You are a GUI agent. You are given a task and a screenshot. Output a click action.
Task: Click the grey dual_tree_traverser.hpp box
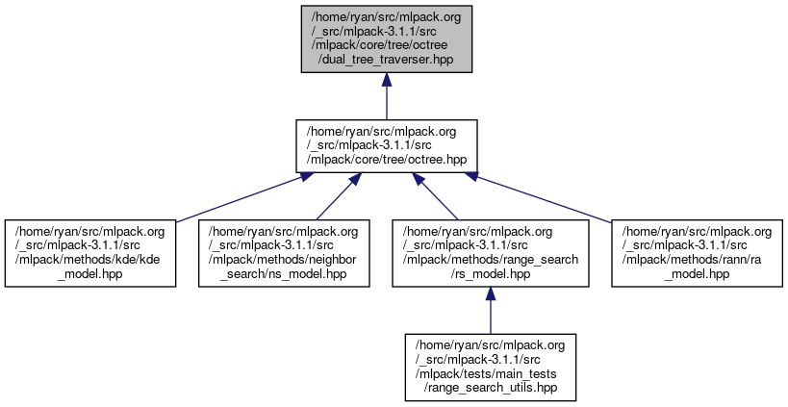[x=387, y=38]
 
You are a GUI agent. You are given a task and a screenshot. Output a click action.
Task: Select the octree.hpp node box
[x=387, y=145]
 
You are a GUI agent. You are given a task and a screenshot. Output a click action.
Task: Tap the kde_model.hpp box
[x=91, y=253]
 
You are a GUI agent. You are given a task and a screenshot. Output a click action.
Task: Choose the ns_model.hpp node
[x=284, y=253]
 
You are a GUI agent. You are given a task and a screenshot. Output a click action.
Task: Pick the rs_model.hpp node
[x=491, y=253]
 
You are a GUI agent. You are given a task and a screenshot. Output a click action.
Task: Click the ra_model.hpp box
[x=697, y=253]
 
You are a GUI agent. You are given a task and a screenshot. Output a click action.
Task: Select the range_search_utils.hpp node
[x=491, y=366]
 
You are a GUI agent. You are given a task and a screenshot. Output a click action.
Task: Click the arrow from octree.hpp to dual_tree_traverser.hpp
[x=387, y=96]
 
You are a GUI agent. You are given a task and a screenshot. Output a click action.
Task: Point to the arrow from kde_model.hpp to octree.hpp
[x=241, y=195]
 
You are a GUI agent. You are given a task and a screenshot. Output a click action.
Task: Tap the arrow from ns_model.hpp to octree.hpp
[x=337, y=195]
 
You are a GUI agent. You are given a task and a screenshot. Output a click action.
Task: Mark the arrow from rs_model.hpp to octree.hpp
[x=438, y=195]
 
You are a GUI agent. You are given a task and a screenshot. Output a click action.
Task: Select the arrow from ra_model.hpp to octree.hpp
[x=539, y=195]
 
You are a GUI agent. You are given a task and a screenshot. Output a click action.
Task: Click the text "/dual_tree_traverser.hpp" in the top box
[x=387, y=60]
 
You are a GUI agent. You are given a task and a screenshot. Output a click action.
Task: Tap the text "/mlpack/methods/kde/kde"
[x=91, y=260]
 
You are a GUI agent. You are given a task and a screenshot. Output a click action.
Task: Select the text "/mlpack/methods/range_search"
[x=491, y=260]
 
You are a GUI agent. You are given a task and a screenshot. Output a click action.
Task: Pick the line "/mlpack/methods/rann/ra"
[x=697, y=260]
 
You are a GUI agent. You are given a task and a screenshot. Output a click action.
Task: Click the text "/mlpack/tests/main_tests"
[x=491, y=373]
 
